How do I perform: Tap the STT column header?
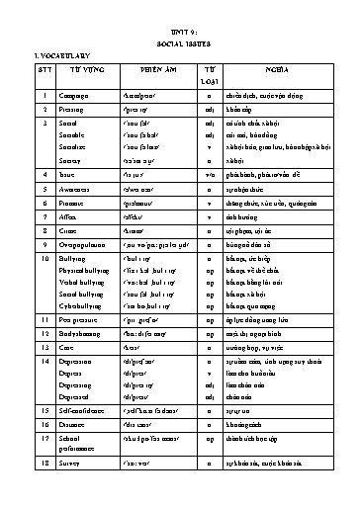pyautogui.click(x=45, y=84)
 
